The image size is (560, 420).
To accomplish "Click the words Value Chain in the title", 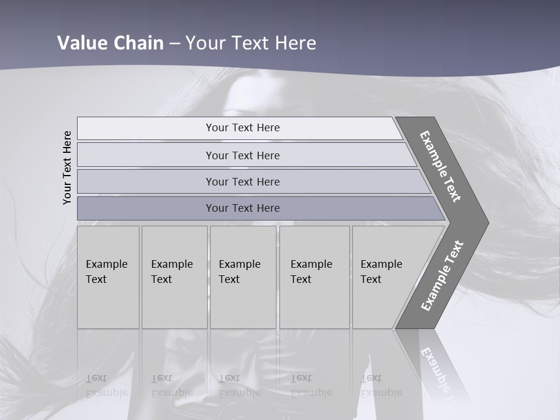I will [x=110, y=43].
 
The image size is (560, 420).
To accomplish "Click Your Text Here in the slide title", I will [x=251, y=43].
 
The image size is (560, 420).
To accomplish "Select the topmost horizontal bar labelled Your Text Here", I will [x=242, y=128].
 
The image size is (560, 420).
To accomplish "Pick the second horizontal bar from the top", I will [x=242, y=155].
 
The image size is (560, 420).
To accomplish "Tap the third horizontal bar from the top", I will [x=242, y=181].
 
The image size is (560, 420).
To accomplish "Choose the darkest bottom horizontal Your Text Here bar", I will [x=242, y=208].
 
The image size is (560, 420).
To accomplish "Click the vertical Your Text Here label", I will [x=67, y=167].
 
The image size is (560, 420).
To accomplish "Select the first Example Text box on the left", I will [x=108, y=277].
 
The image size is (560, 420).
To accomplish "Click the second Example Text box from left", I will [x=174, y=277].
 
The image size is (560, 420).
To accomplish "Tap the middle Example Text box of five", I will [x=242, y=277].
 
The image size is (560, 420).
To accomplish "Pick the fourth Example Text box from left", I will [x=314, y=277].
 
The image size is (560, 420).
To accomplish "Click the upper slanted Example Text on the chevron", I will [x=440, y=166].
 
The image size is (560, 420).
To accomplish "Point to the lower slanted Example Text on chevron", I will [x=442, y=275].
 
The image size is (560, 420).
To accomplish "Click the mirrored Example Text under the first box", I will [x=106, y=386].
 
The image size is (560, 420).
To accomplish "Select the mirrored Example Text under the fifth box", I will [x=381, y=386].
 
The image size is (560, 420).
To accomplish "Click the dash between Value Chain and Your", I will [x=174, y=43].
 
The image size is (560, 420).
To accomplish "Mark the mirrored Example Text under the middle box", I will [x=239, y=386].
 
